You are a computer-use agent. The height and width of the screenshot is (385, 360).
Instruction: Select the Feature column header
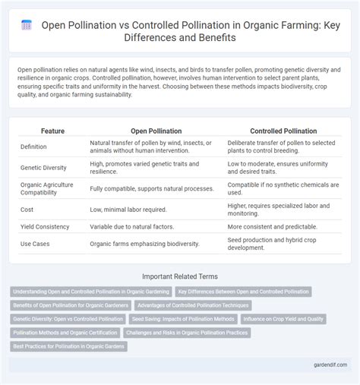coord(43,131)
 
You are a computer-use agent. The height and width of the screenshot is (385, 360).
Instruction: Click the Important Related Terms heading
coord(180,278)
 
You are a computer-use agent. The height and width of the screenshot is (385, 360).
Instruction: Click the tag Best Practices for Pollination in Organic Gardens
coord(69,346)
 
